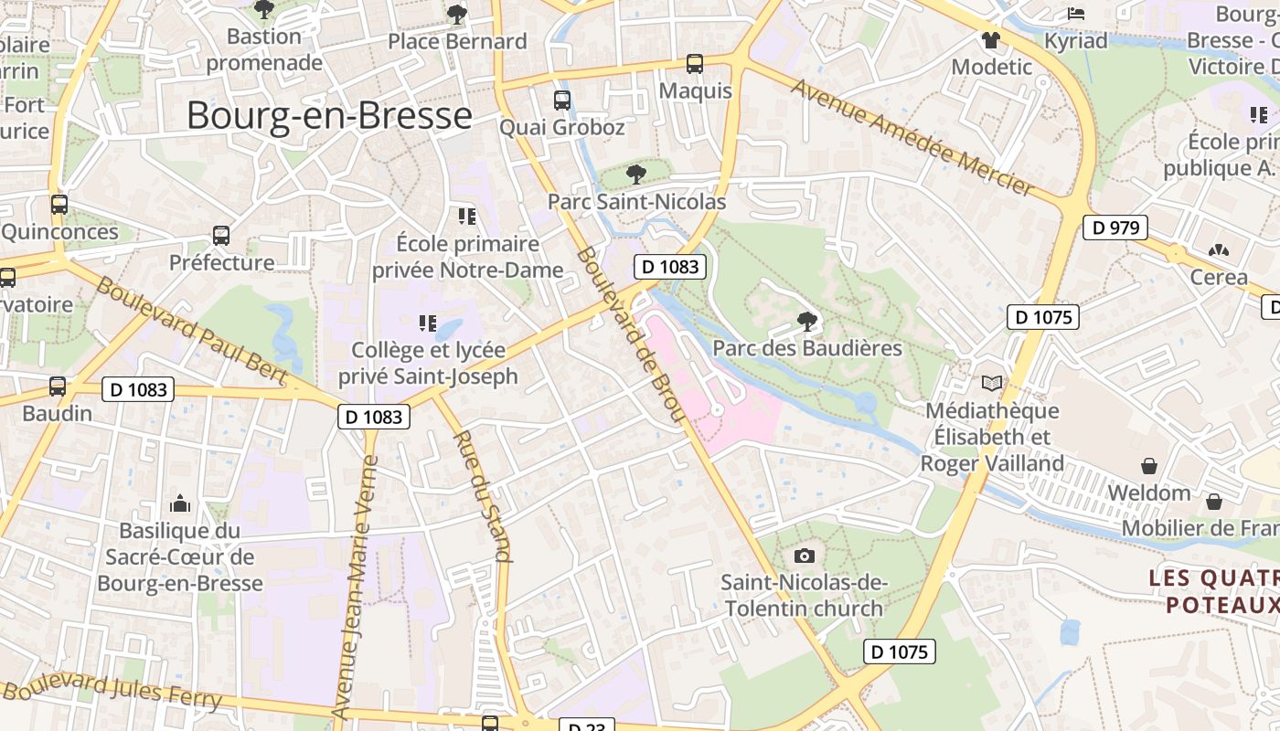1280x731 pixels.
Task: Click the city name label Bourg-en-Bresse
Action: (329, 116)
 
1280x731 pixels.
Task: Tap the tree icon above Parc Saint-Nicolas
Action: (636, 174)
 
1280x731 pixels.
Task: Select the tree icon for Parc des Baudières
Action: (806, 321)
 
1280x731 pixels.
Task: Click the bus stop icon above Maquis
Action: (695, 64)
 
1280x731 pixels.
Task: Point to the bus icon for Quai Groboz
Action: (561, 101)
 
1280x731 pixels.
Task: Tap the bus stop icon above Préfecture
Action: (221, 236)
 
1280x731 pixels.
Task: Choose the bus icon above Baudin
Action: (58, 387)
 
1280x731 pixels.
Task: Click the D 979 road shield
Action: (1115, 228)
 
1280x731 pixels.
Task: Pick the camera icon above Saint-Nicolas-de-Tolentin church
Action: (805, 556)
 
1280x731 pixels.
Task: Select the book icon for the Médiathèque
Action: (991, 383)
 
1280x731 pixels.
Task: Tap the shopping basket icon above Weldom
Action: (1149, 466)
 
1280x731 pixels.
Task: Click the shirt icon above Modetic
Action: (991, 39)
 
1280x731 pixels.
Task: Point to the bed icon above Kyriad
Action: (1076, 14)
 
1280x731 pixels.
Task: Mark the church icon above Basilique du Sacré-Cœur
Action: (180, 503)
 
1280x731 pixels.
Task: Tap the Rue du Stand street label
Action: (482, 495)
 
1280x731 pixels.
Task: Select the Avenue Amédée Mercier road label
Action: (912, 137)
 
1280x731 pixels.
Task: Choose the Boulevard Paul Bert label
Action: (192, 331)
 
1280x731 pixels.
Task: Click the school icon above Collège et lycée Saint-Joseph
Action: (427, 323)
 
